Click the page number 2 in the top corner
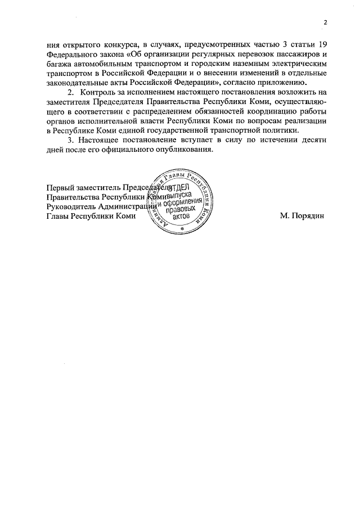click(325, 22)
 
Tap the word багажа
click(59, 65)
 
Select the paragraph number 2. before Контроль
click(71, 92)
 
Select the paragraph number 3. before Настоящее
click(71, 141)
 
